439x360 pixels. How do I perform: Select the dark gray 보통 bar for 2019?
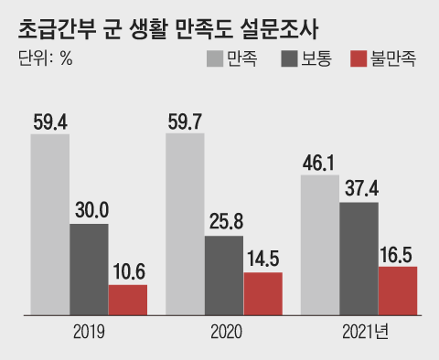(x=88, y=270)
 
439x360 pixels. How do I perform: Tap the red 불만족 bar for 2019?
(x=127, y=300)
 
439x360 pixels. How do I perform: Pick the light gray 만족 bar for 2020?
(x=185, y=225)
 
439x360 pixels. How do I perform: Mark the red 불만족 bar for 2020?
(x=262, y=293)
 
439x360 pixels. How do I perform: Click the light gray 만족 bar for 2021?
(x=319, y=246)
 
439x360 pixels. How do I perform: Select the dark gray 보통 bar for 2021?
(x=359, y=259)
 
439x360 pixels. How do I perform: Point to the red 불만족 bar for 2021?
(x=398, y=291)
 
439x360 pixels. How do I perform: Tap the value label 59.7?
(x=185, y=120)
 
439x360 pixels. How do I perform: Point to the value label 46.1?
(x=319, y=162)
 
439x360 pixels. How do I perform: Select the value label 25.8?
(x=223, y=223)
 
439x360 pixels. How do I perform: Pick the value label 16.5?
(x=398, y=253)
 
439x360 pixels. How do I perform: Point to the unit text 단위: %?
(x=45, y=60)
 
